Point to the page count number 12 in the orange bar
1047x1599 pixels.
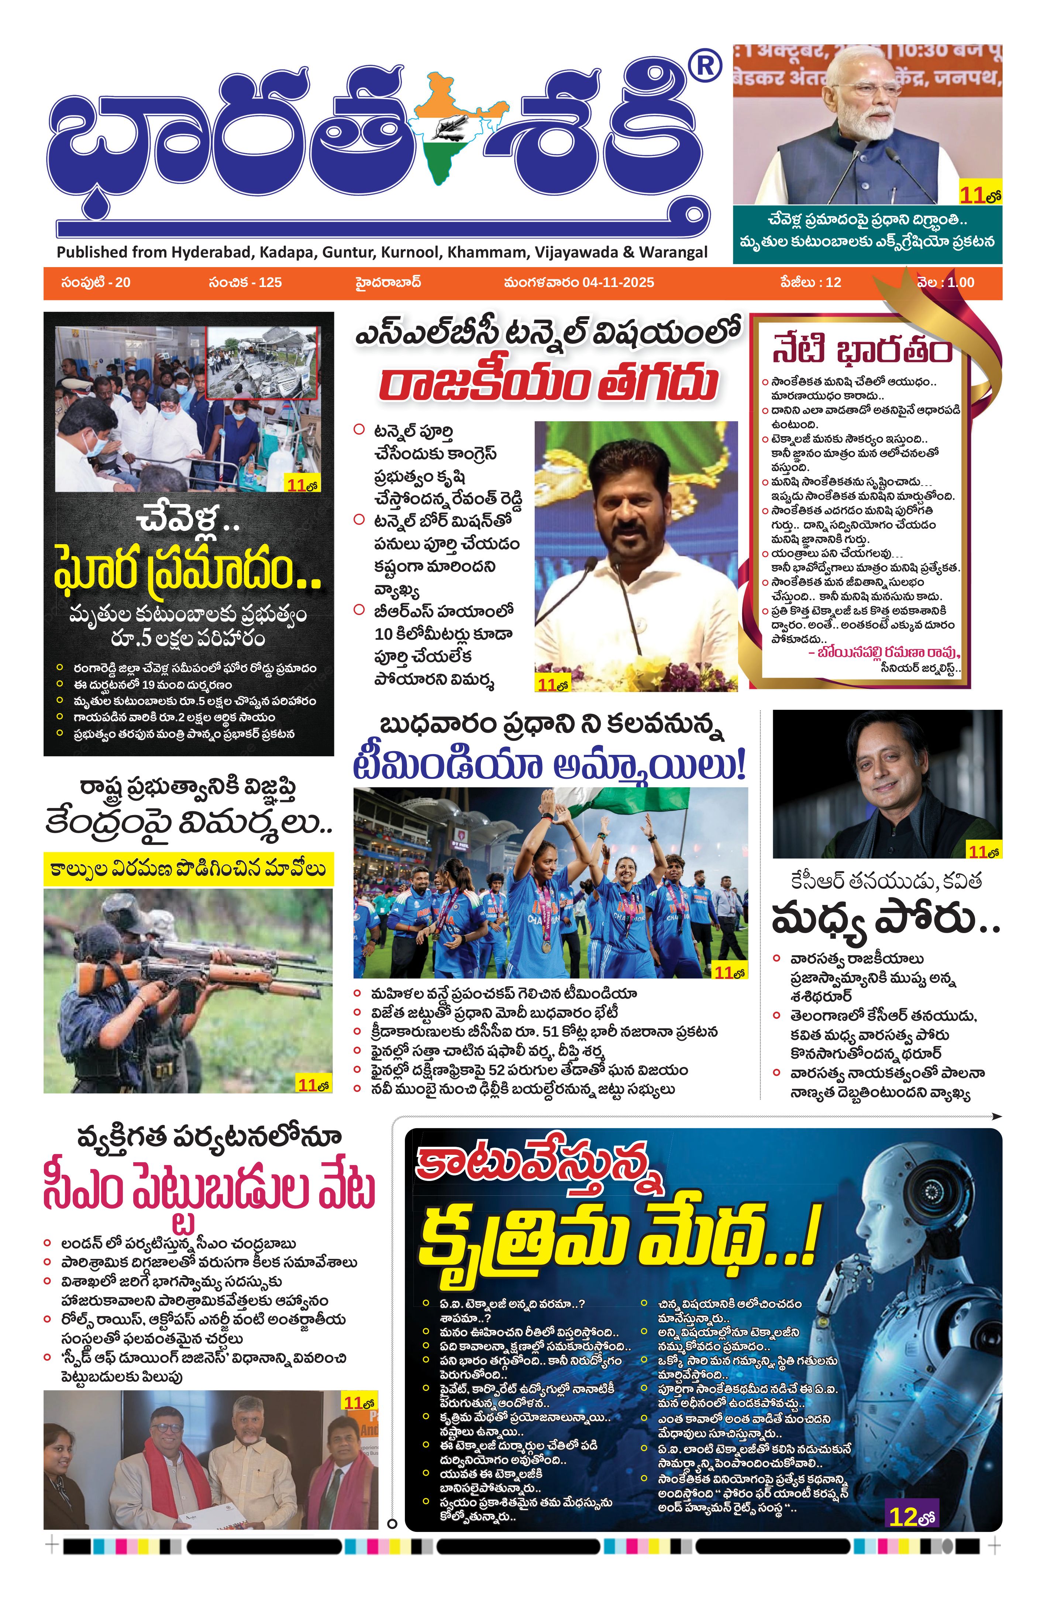(x=833, y=282)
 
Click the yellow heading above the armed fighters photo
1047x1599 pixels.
(x=188, y=868)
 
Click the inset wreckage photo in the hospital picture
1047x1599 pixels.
(x=262, y=363)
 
